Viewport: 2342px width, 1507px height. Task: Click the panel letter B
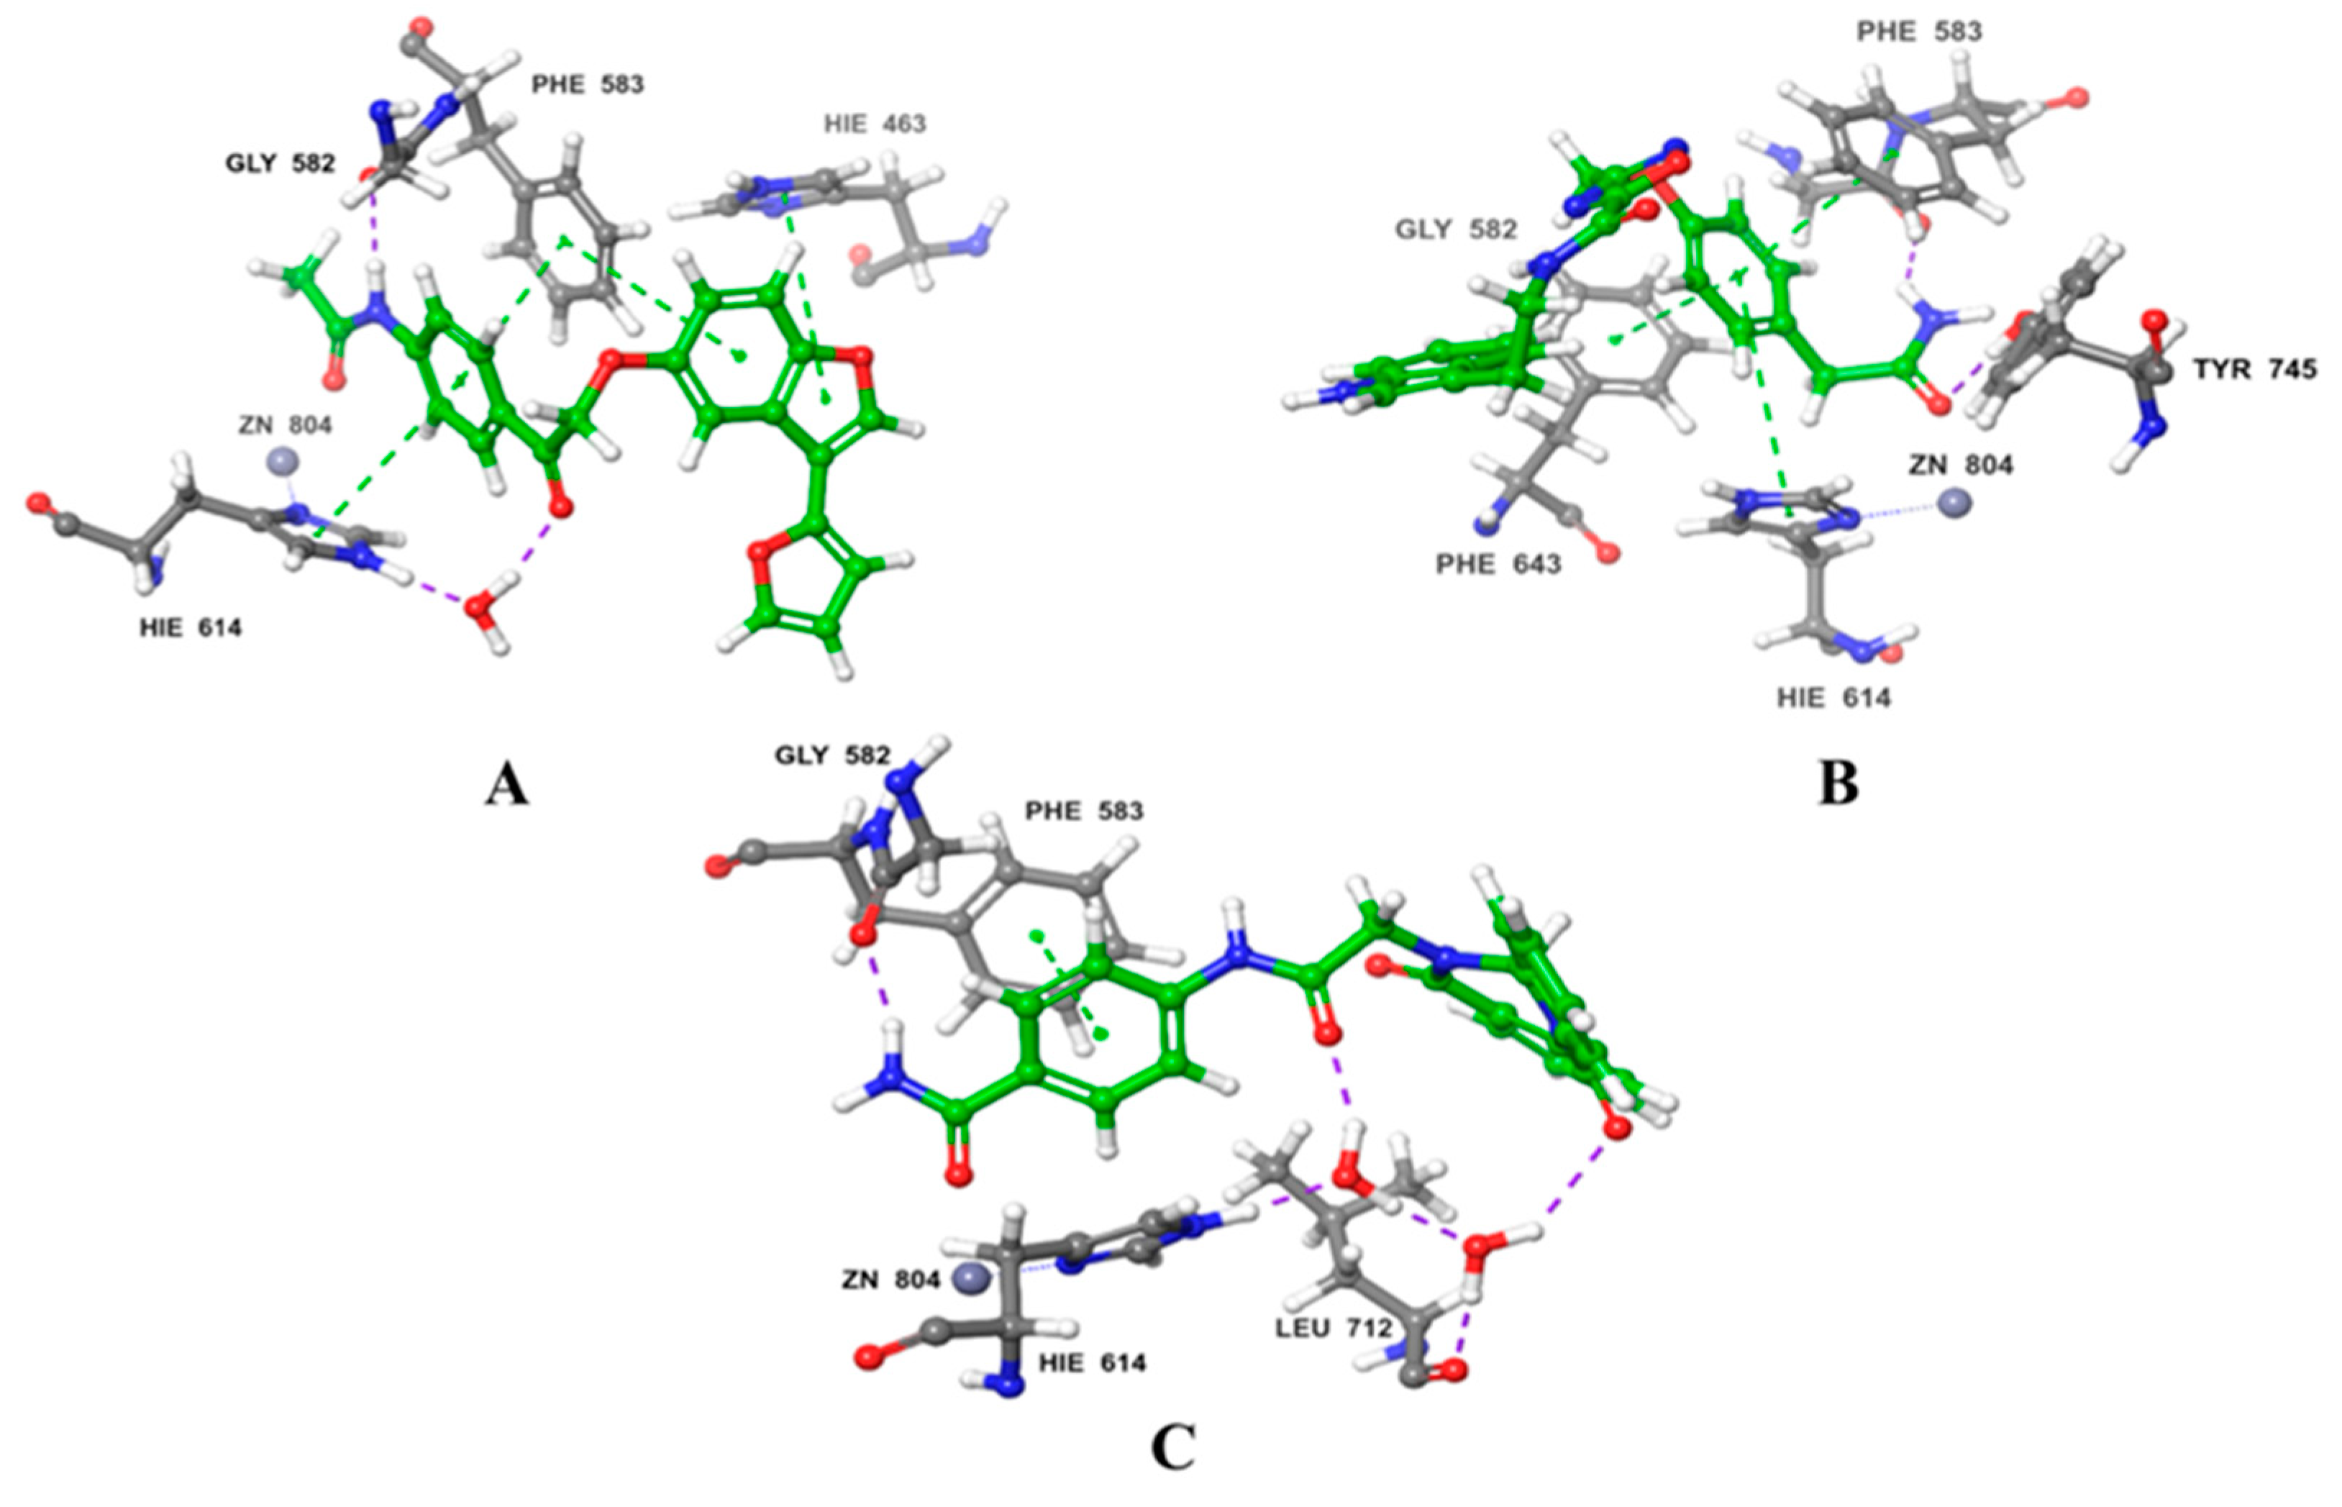coord(1838,784)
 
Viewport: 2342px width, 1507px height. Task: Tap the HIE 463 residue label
coord(875,123)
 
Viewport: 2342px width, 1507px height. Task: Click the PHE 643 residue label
coord(1498,565)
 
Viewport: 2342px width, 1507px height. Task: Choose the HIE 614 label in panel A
coord(190,627)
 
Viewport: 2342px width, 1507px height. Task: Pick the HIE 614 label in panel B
coord(1833,698)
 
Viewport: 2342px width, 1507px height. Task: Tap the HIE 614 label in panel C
coord(1092,1362)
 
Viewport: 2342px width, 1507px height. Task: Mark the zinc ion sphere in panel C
coord(968,1276)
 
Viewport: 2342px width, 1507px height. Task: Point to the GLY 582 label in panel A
coord(281,163)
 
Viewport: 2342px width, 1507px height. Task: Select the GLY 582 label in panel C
coord(832,755)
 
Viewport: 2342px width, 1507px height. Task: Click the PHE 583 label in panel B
coord(1919,32)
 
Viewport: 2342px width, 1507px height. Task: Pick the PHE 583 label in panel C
coord(1084,811)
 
